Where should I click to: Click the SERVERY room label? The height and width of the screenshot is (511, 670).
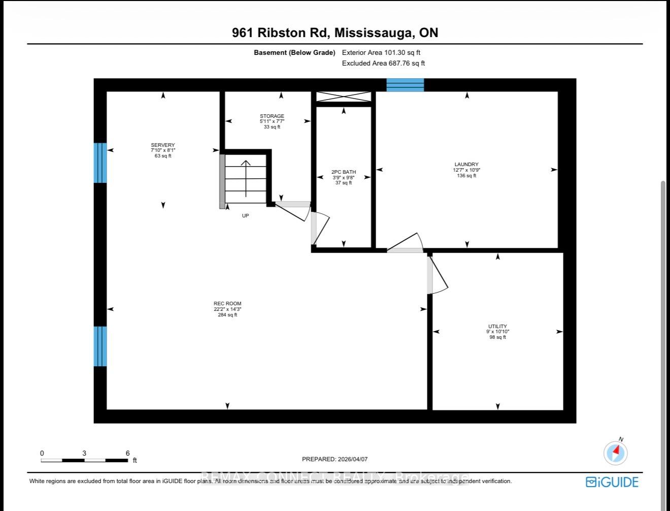coord(162,145)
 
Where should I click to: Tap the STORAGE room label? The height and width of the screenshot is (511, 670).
coord(272,116)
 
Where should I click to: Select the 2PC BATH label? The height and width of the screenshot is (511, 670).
coord(344,172)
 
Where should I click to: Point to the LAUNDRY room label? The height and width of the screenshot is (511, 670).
coord(466,165)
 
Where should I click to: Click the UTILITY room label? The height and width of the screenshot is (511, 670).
coord(497,327)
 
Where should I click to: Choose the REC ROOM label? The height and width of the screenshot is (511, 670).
coord(227,304)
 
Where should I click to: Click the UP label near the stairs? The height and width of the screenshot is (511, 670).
coord(245,216)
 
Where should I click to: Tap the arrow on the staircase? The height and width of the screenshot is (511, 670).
coord(246,178)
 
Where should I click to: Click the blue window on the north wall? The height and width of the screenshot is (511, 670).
coord(405,85)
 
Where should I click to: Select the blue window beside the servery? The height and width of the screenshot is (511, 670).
coord(100,163)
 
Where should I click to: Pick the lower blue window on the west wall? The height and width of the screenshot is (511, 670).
coord(100,346)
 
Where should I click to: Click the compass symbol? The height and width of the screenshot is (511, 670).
coord(616,452)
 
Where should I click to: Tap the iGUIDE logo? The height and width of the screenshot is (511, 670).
coord(612,482)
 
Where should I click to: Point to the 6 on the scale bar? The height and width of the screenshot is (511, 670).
coord(127,453)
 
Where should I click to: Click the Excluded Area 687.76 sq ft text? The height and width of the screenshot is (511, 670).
coord(383,63)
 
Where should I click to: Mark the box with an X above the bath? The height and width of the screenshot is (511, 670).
coord(344,97)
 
